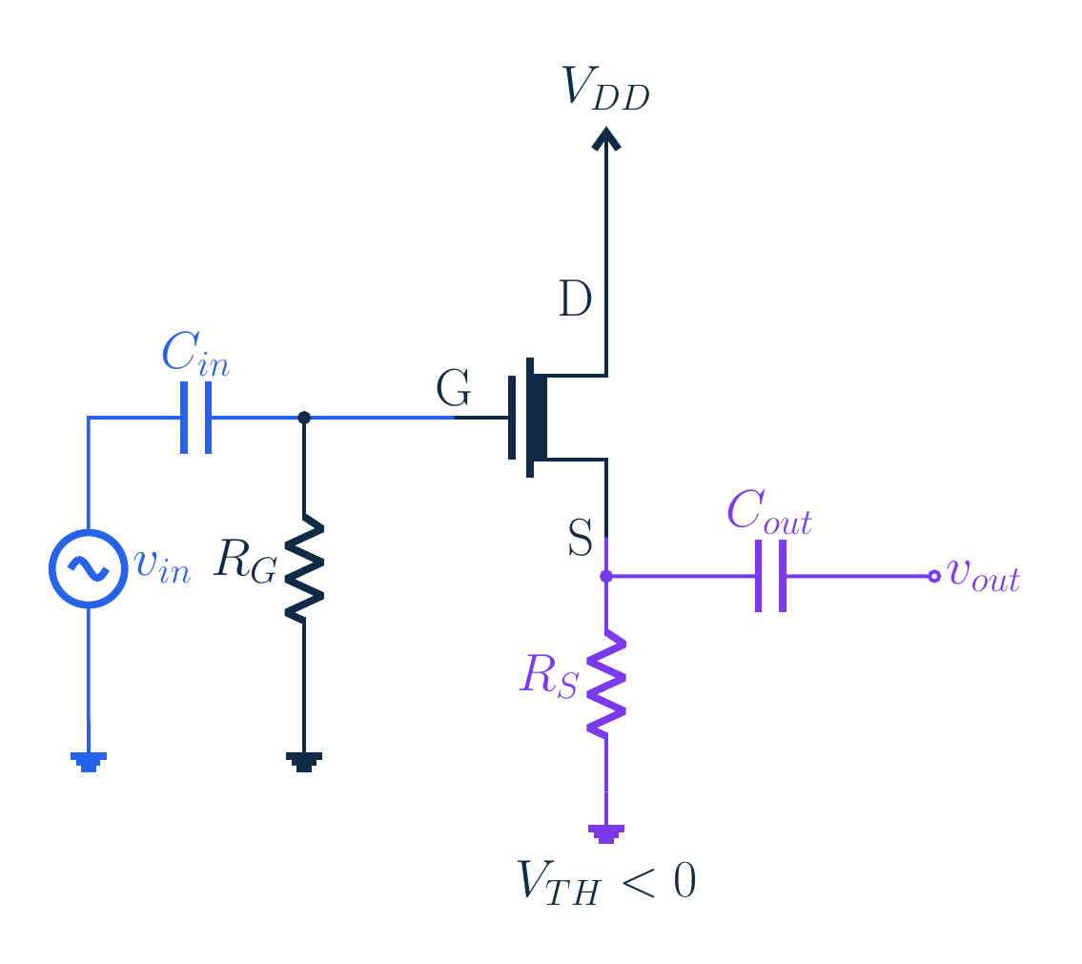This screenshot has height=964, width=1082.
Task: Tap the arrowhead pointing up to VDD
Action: coord(606,138)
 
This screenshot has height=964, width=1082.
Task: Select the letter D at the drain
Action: coord(575,298)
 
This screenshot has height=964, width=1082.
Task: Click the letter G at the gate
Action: coord(454,388)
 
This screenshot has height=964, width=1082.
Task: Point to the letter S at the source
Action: coord(581,538)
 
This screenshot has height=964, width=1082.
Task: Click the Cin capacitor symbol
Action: coord(196,418)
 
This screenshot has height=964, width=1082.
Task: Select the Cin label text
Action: coord(195,354)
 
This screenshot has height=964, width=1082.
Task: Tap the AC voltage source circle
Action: coord(89,568)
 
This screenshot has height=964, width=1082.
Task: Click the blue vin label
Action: coord(163,567)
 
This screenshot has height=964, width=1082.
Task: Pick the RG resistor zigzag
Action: coord(304,568)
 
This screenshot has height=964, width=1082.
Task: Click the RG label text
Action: coord(246,561)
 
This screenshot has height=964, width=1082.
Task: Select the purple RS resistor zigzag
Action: coord(606,684)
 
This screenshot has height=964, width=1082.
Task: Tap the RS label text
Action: coord(549,675)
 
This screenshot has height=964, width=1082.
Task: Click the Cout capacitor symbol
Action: coord(771,576)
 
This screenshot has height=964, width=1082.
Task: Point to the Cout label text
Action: coord(769,512)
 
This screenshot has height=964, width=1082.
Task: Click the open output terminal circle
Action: coord(934,576)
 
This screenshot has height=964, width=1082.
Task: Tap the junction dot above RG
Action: coord(303,418)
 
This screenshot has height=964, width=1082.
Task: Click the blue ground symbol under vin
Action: coord(89,762)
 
